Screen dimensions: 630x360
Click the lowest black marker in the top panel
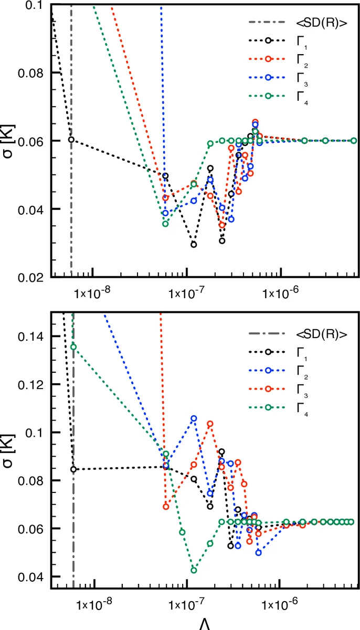[194, 245]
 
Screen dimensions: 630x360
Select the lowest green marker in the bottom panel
[194, 570]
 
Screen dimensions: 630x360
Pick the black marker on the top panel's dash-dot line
[71, 140]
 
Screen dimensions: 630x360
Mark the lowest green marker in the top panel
[165, 224]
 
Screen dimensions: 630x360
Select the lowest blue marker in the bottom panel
[259, 553]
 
